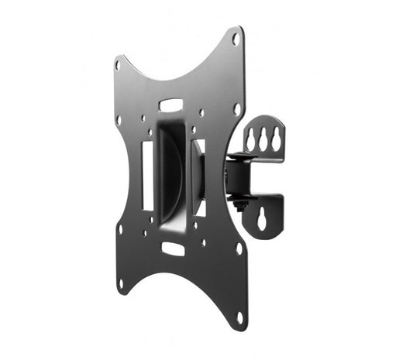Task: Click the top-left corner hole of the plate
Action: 118,66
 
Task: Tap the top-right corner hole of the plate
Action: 236,39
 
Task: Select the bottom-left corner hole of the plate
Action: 120,283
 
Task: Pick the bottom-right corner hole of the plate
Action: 238,317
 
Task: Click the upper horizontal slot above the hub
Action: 171,105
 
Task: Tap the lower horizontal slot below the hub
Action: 173,249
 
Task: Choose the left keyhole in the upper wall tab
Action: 251,139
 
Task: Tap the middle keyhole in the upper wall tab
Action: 263,137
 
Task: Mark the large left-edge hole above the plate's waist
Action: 119,121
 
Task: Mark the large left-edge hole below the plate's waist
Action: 120,229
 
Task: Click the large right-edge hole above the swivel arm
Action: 237,109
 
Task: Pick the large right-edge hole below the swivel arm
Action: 238,249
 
